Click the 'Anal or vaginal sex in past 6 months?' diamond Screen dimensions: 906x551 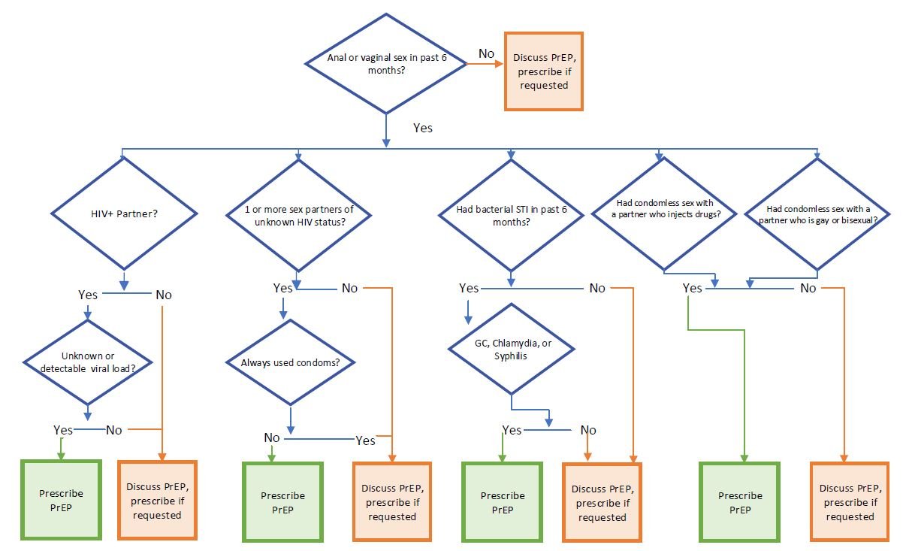[x=386, y=64]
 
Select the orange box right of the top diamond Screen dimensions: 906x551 [x=544, y=71]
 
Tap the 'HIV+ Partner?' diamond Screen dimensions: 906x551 [x=124, y=213]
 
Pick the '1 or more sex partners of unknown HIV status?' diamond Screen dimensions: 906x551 [x=298, y=215]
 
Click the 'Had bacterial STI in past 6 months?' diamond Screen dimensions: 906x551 [x=511, y=215]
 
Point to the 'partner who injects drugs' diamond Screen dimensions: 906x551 [x=664, y=213]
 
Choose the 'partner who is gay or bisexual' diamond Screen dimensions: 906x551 [x=817, y=213]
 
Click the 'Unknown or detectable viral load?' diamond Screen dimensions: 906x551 [x=87, y=362]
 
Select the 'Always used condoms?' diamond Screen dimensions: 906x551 [x=290, y=362]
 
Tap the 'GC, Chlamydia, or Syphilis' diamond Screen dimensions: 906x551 [x=511, y=349]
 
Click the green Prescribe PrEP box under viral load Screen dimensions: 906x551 [x=61, y=500]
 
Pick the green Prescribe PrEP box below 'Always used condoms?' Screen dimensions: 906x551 [x=282, y=502]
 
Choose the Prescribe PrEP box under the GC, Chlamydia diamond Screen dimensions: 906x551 [x=503, y=502]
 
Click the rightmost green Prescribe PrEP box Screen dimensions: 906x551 [x=740, y=502]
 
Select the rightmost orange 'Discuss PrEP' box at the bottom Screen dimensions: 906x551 [x=850, y=501]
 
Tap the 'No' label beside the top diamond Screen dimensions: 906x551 [x=486, y=53]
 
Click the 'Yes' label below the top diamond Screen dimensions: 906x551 [x=423, y=128]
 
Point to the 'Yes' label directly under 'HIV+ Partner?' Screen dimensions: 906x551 [x=88, y=295]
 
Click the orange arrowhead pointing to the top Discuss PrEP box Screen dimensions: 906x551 [x=499, y=64]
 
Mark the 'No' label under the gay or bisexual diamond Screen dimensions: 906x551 [x=808, y=288]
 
